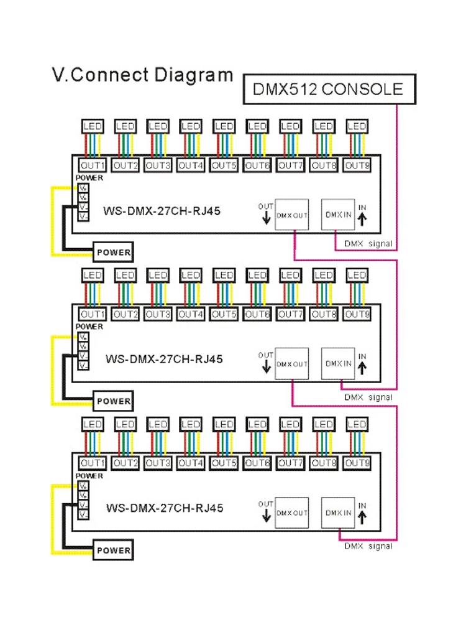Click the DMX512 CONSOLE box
tap(327, 88)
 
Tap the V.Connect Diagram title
tap(142, 75)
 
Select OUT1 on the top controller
tap(92, 165)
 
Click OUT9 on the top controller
tap(357, 165)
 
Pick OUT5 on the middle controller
tap(224, 314)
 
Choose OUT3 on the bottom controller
tap(158, 463)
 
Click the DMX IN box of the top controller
tap(338, 215)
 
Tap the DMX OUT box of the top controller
tap(292, 215)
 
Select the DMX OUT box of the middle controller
tap(292, 363)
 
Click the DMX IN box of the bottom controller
tap(338, 512)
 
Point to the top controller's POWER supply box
tap(113, 253)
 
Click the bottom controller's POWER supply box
tap(113, 550)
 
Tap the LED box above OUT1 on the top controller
tap(92, 126)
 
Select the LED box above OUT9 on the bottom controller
tap(357, 424)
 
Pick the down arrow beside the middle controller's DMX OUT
tap(267, 366)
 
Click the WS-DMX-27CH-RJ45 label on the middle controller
tap(164, 359)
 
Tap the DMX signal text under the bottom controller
tap(368, 546)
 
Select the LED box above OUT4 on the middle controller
tap(191, 275)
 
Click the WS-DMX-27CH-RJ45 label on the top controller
tap(162, 211)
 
